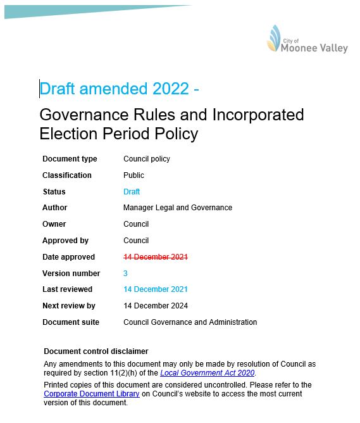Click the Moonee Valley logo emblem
[x=274, y=38]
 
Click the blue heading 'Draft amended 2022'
[x=114, y=89]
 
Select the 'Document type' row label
[x=70, y=159]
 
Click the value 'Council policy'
[x=147, y=159]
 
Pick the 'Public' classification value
[x=133, y=175]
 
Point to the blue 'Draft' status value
[x=132, y=192]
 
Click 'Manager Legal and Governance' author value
[x=178, y=208]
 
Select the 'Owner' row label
[x=54, y=224]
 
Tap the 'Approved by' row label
[x=65, y=241]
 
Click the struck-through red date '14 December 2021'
[x=156, y=257]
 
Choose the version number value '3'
[x=125, y=274]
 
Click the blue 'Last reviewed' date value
[x=156, y=289]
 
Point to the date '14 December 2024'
[x=156, y=306]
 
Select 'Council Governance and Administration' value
[x=190, y=322]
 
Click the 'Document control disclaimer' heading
[x=96, y=351]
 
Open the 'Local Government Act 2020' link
[x=208, y=374]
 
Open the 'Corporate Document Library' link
[x=91, y=394]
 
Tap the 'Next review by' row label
[x=68, y=306]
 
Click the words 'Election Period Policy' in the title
[x=118, y=134]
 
